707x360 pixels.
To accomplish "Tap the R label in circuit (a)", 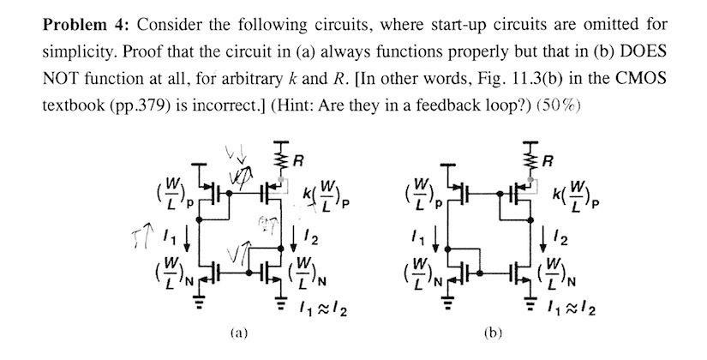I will [x=296, y=159].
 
